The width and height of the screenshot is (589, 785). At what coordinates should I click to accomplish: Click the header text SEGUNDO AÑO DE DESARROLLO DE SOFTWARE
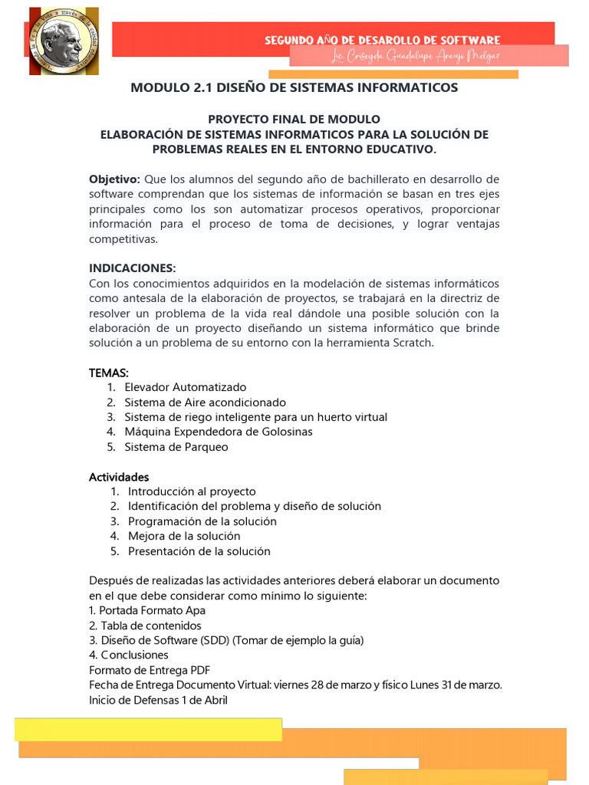click(382, 40)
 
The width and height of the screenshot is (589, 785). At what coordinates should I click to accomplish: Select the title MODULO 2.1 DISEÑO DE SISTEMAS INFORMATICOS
click(294, 87)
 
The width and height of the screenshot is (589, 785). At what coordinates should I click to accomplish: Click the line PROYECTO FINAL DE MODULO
click(294, 120)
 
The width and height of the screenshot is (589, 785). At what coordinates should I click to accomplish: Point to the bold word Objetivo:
click(114, 179)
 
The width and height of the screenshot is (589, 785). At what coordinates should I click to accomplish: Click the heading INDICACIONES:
click(133, 268)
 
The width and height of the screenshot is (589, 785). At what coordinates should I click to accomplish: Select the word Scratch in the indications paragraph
click(413, 343)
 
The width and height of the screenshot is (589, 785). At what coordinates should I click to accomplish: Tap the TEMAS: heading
click(109, 373)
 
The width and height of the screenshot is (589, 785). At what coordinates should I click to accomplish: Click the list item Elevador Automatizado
click(186, 387)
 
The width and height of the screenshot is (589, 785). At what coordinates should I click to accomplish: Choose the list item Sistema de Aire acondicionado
click(205, 402)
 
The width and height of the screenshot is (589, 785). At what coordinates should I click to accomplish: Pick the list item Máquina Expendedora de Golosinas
click(219, 432)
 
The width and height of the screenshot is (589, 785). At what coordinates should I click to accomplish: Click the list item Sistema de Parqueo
click(176, 447)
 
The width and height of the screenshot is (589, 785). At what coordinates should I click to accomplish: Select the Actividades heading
click(119, 477)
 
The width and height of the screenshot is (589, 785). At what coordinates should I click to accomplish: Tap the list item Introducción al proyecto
click(192, 491)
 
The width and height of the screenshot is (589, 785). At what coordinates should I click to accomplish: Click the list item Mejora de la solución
click(184, 536)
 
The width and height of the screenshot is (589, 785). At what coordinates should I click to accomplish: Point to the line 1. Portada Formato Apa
click(147, 611)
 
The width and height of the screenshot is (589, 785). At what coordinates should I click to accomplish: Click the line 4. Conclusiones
click(128, 655)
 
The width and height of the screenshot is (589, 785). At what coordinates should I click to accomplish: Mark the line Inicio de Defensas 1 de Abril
click(158, 700)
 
